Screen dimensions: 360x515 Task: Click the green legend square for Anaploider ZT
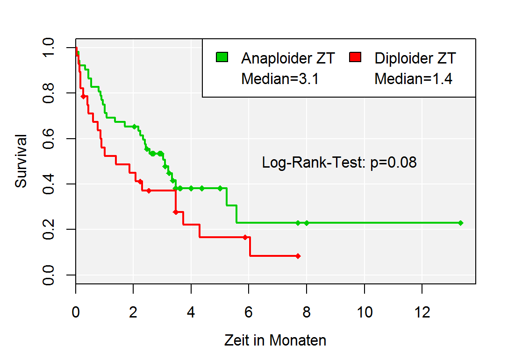tap(222, 57)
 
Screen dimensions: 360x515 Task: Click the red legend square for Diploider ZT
tap(356, 57)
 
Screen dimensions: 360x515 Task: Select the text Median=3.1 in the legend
tap(279, 79)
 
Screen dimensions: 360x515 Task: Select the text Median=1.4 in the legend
tap(413, 79)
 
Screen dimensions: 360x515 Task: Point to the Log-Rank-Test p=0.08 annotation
tap(339, 162)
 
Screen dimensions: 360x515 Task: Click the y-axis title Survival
tap(21, 161)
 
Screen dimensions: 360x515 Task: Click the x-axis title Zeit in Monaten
tap(275, 340)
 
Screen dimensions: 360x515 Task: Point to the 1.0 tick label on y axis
tap(48, 48)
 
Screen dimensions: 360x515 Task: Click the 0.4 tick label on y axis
tap(48, 184)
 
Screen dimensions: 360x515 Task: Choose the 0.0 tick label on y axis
tap(48, 275)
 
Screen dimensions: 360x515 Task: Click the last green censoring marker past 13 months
tap(460, 223)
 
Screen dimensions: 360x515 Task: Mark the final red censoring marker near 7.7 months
tap(298, 256)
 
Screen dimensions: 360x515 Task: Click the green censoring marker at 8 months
tap(307, 223)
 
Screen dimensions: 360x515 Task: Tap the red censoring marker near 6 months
tap(245, 237)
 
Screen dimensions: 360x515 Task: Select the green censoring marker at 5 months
tap(220, 188)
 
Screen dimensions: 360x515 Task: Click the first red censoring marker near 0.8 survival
tap(83, 96)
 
